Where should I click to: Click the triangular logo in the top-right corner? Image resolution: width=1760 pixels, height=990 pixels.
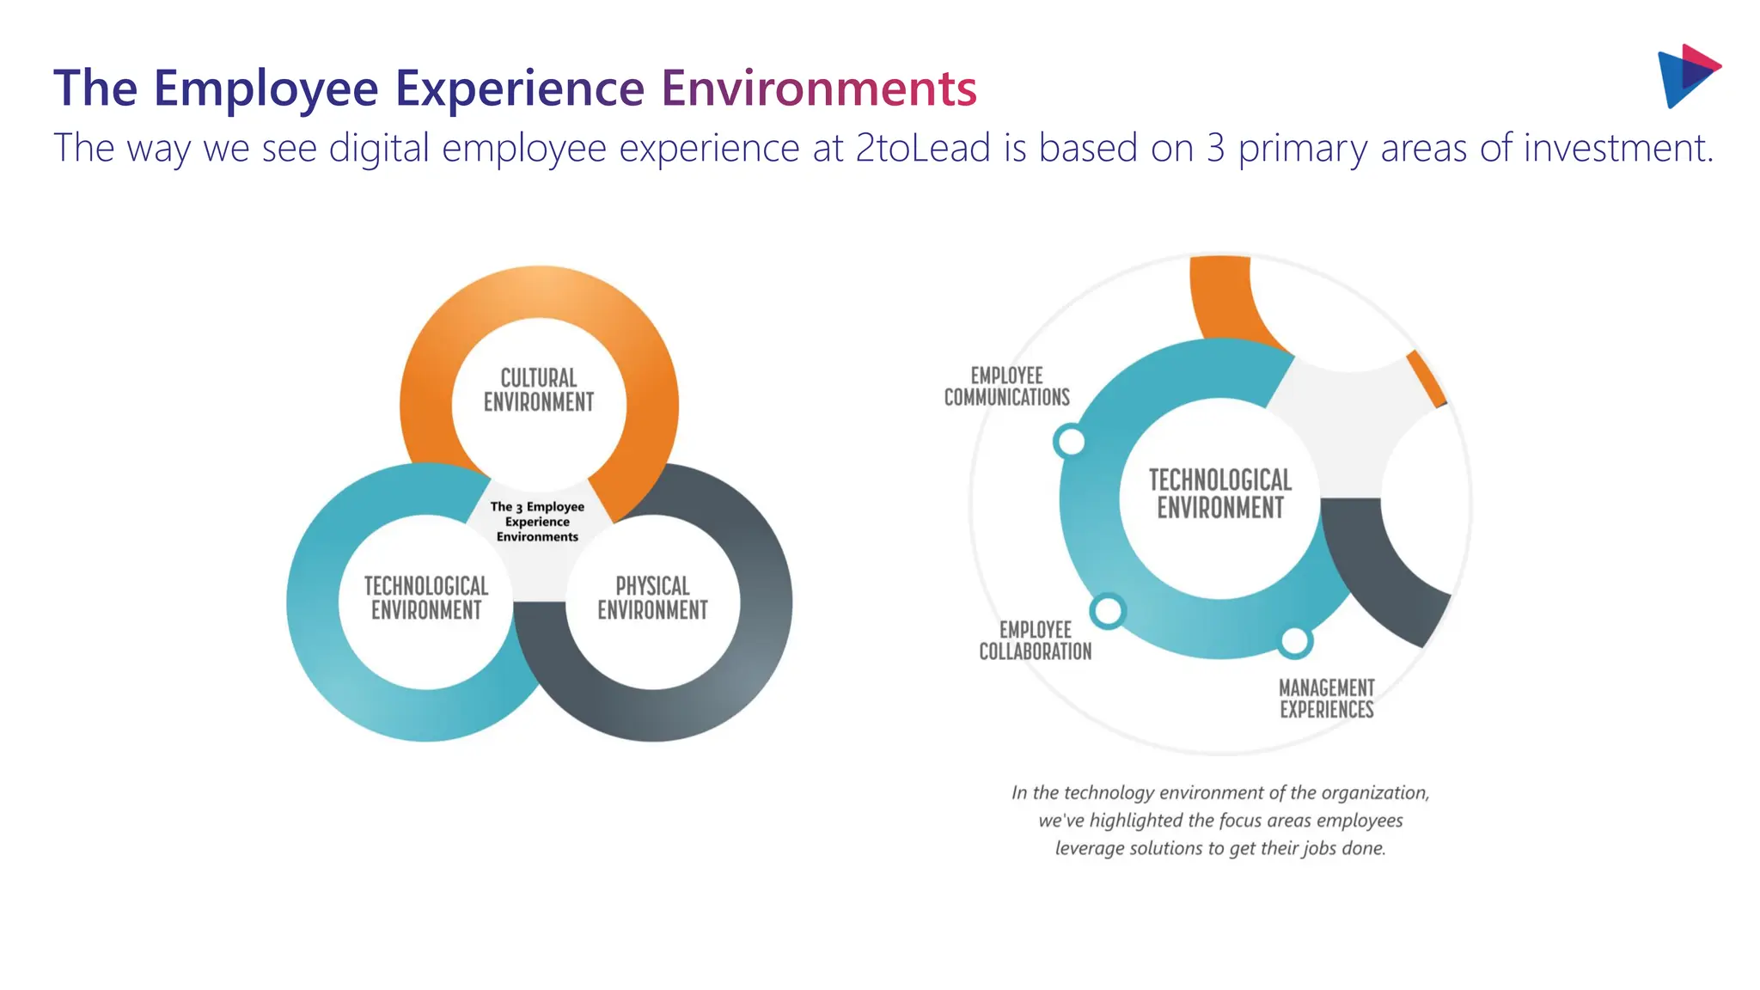pyautogui.click(x=1687, y=76)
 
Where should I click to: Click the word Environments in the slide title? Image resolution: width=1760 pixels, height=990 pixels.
pyautogui.click(x=818, y=89)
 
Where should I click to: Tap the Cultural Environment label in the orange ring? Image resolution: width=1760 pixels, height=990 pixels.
pyautogui.click(x=539, y=390)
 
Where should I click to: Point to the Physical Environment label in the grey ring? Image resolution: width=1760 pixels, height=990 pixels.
pyautogui.click(x=652, y=598)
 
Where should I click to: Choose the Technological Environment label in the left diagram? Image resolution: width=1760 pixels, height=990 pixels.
pyautogui.click(x=426, y=598)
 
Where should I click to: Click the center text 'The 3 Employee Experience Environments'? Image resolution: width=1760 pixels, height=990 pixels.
pyautogui.click(x=537, y=522)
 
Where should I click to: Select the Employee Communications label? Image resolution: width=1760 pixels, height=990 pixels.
pyautogui.click(x=1006, y=387)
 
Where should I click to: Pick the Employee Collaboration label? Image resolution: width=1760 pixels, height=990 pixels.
pyautogui.click(x=1036, y=641)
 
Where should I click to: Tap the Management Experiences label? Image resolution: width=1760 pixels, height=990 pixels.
pyautogui.click(x=1327, y=699)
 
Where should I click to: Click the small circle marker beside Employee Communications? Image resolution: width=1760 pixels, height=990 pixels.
pyautogui.click(x=1070, y=442)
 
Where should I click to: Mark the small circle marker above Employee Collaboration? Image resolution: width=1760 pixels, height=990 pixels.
pyautogui.click(x=1108, y=611)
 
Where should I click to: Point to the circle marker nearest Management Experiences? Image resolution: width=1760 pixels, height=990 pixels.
pyautogui.click(x=1294, y=641)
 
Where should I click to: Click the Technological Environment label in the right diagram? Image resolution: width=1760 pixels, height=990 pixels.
pyautogui.click(x=1220, y=494)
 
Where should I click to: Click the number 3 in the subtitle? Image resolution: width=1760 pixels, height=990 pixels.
pyautogui.click(x=1215, y=148)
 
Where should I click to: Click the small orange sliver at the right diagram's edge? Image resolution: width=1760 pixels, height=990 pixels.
pyautogui.click(x=1427, y=378)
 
